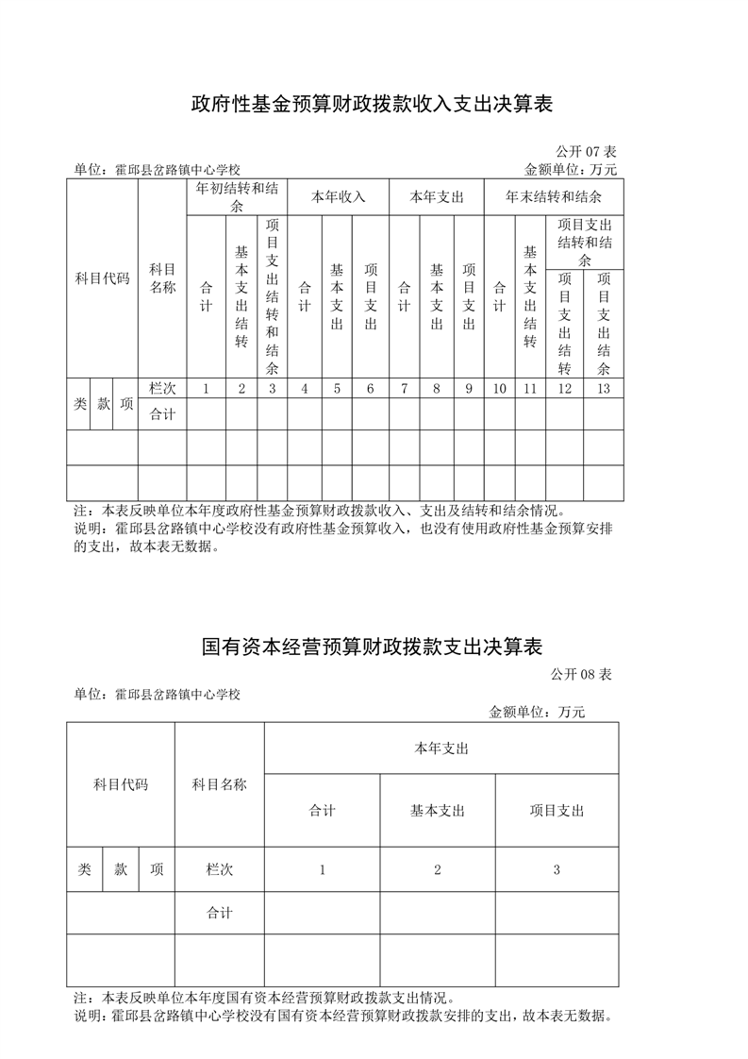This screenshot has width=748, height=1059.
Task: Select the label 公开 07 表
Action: (x=586, y=151)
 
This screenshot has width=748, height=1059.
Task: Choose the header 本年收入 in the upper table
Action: (x=339, y=197)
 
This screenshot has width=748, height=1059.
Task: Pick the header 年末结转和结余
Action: (x=553, y=197)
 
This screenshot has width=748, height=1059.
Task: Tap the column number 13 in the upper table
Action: (x=604, y=388)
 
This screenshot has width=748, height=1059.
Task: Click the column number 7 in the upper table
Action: (x=404, y=388)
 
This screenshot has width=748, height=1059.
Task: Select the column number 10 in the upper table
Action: (x=500, y=388)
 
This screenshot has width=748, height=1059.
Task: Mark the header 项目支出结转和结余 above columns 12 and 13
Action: (x=585, y=242)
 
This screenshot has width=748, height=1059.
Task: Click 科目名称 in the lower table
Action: (x=219, y=783)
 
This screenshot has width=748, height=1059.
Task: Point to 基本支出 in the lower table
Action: (x=438, y=810)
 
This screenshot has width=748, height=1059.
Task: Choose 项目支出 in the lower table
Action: (x=557, y=810)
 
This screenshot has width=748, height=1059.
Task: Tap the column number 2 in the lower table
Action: (x=438, y=869)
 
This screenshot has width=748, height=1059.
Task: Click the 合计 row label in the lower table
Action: (x=219, y=913)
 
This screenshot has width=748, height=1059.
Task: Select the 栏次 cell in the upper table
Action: (x=162, y=388)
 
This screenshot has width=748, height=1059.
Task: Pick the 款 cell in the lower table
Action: (x=121, y=869)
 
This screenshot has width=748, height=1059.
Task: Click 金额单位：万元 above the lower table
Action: (x=537, y=712)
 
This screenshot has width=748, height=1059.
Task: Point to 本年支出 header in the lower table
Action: (x=441, y=748)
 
